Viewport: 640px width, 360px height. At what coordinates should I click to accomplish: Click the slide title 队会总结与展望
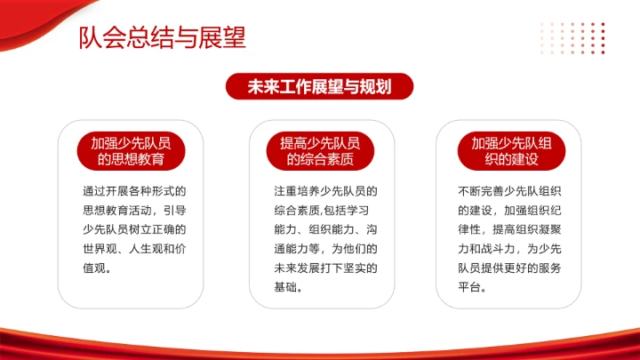[x=163, y=38]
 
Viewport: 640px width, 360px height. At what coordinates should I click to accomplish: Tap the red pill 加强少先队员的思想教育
[x=131, y=151]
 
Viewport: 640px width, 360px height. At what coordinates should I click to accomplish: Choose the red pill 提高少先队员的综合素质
[x=320, y=151]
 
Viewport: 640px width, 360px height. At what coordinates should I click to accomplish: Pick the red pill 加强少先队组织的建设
[x=511, y=151]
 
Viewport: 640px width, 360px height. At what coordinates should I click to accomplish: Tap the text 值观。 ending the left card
[x=96, y=266]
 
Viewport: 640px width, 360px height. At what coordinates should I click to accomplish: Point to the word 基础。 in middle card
[x=289, y=286]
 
